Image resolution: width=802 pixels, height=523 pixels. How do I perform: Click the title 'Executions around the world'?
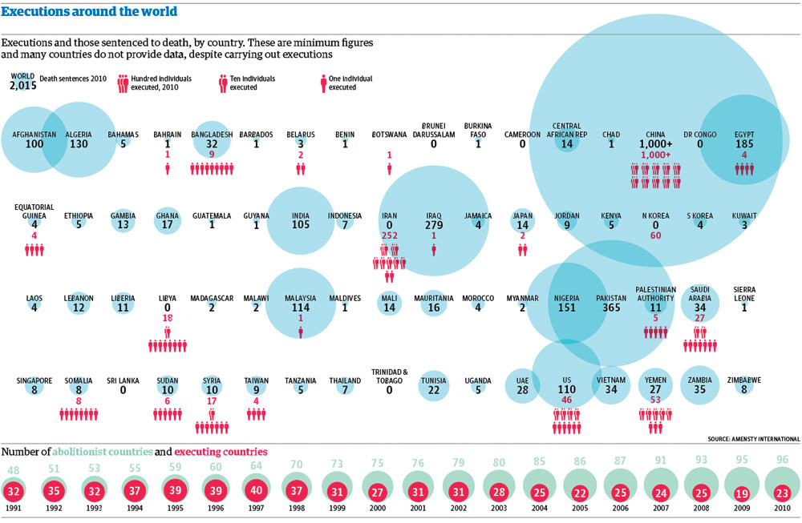click(89, 12)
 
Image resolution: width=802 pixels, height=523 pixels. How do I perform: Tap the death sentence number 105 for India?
click(301, 225)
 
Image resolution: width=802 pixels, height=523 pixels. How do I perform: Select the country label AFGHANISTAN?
click(34, 135)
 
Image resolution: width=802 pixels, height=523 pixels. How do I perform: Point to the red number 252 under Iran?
click(390, 236)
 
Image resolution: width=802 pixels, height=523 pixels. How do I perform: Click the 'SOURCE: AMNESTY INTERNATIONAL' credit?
click(754, 439)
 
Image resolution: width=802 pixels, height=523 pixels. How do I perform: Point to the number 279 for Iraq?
click(435, 225)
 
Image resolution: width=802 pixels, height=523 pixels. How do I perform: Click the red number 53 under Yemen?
click(656, 400)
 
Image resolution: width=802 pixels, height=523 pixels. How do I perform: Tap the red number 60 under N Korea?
click(656, 236)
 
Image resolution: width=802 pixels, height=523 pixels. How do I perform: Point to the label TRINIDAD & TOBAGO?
click(390, 376)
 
